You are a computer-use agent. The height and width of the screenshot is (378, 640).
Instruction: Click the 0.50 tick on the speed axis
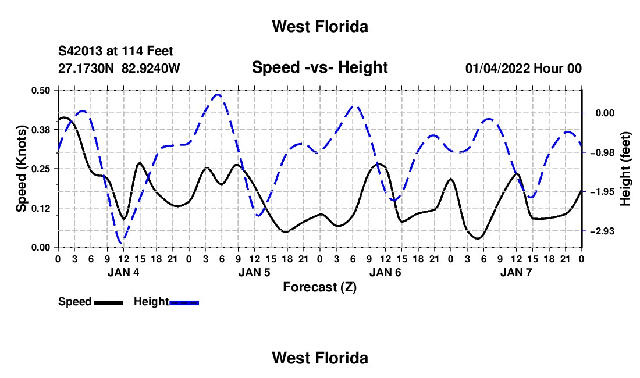pyautogui.click(x=40, y=90)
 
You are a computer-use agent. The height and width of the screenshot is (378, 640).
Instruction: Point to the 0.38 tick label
pyautogui.click(x=40, y=130)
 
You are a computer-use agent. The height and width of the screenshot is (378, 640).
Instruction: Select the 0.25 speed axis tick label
pyautogui.click(x=40, y=169)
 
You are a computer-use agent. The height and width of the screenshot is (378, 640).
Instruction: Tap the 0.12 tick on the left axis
pyautogui.click(x=40, y=208)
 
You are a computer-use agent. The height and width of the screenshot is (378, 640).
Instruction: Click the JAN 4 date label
pyautogui.click(x=123, y=272)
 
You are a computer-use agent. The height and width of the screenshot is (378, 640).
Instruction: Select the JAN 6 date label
pyautogui.click(x=385, y=272)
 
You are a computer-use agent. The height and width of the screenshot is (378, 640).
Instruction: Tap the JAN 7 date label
pyautogui.click(x=516, y=272)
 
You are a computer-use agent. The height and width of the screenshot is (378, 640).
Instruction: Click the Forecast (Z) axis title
pyautogui.click(x=319, y=287)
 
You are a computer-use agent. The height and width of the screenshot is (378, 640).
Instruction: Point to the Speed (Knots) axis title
pyautogui.click(x=21, y=169)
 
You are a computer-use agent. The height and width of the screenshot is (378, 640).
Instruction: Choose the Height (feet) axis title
pyautogui.click(x=625, y=169)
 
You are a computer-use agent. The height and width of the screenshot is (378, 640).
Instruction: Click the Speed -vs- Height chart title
pyautogui.click(x=319, y=67)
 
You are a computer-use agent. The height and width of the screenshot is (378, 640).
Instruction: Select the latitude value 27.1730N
pyautogui.click(x=86, y=68)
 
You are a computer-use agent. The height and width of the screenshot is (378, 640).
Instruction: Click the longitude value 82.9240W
pyautogui.click(x=151, y=68)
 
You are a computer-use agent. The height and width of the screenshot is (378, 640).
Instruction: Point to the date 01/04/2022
pyautogui.click(x=498, y=68)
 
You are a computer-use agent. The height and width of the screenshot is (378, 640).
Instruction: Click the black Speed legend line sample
pyautogui.click(x=109, y=302)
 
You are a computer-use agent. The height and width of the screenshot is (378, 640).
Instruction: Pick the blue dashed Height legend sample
pyautogui.click(x=184, y=302)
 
